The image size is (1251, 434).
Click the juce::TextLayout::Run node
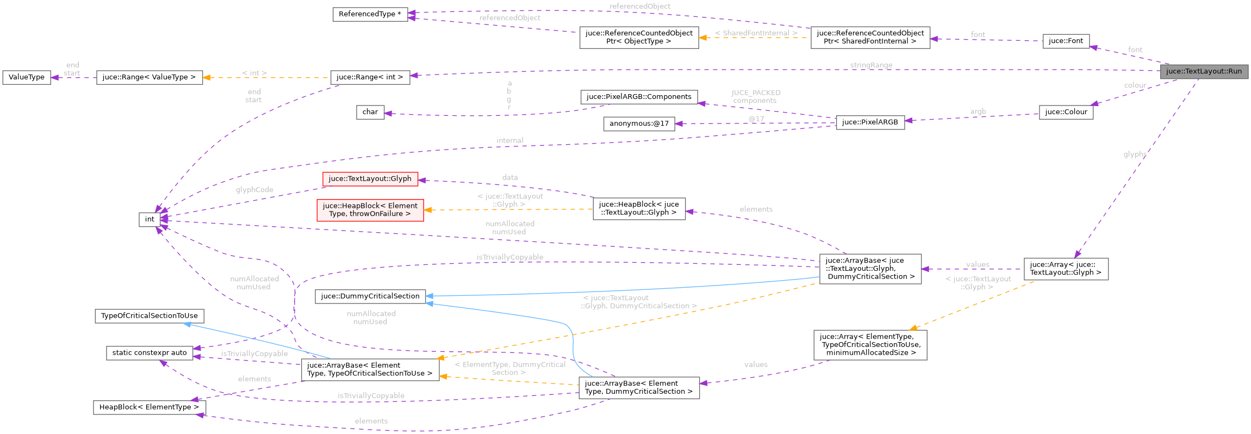[1204, 71]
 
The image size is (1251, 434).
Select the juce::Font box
[1066, 41]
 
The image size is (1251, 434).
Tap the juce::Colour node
[1066, 112]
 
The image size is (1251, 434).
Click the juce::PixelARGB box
[870, 122]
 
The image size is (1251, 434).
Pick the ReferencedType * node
[370, 14]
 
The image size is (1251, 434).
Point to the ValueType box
[27, 77]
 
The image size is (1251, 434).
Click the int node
[150, 219]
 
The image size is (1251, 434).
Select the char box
[370, 112]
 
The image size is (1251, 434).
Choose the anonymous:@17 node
[639, 123]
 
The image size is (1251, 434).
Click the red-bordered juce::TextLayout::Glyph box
[370, 179]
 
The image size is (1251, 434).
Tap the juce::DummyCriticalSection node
[370, 296]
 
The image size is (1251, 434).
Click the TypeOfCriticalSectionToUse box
[150, 316]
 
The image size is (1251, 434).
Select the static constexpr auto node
[150, 353]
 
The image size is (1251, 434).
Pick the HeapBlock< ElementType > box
[149, 407]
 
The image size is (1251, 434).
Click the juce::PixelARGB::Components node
[639, 97]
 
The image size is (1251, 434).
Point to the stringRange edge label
[871, 65]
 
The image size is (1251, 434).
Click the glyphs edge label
[1135, 154]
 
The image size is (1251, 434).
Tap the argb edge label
[978, 111]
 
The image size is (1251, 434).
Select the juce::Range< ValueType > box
[149, 77]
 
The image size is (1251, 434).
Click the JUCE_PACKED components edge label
[755, 97]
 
